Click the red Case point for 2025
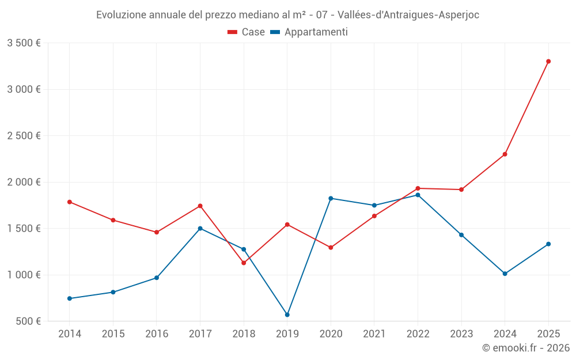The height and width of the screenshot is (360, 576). click(x=548, y=61)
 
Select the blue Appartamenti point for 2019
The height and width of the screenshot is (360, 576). click(x=287, y=314)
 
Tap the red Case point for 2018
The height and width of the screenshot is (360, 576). click(x=244, y=263)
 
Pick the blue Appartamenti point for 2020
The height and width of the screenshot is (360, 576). click(x=331, y=198)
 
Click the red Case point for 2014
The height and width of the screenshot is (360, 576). click(x=70, y=202)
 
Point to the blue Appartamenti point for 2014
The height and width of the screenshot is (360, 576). click(x=70, y=298)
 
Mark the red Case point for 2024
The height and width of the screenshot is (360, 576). click(x=505, y=154)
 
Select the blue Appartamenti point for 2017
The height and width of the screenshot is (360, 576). click(x=200, y=228)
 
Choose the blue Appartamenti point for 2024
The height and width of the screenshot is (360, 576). click(x=505, y=274)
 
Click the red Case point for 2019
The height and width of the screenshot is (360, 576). click(x=287, y=225)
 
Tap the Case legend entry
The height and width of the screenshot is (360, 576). click(x=247, y=32)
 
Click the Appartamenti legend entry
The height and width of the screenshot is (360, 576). click(x=309, y=32)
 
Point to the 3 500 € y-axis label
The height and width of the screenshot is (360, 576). click(x=24, y=43)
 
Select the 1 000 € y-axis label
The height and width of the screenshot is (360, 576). click(x=24, y=275)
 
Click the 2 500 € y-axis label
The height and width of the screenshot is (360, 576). click(x=24, y=136)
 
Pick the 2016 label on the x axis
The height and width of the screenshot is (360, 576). click(x=157, y=334)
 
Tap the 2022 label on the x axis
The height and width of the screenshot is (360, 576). click(x=418, y=334)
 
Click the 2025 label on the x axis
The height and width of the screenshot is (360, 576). click(x=548, y=334)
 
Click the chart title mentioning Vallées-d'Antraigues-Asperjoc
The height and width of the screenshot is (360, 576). click(x=287, y=15)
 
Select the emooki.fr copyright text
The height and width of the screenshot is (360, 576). click(x=525, y=348)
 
